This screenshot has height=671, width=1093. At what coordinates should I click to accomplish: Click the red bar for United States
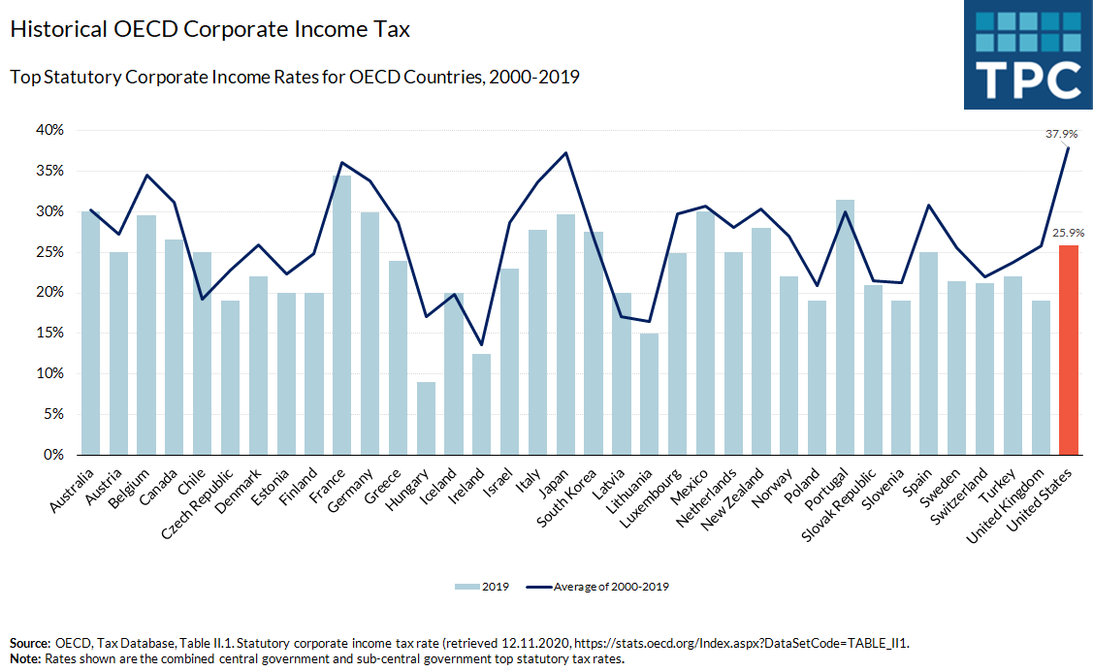pyautogui.click(x=1069, y=350)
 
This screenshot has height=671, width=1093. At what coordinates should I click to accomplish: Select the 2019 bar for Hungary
pyautogui.click(x=426, y=418)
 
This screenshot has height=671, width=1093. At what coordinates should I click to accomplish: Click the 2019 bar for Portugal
pyautogui.click(x=845, y=327)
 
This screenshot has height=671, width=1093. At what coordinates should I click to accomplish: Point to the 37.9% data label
pyautogui.click(x=1068, y=135)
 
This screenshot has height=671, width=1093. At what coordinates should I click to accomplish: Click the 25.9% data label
pyautogui.click(x=1068, y=233)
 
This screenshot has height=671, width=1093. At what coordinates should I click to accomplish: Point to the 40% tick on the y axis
pyautogui.click(x=50, y=130)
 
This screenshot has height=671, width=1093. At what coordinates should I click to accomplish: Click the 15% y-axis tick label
pyautogui.click(x=50, y=333)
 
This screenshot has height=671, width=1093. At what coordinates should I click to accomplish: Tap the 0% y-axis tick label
pyautogui.click(x=54, y=455)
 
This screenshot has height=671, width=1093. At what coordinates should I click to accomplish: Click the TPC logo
pyautogui.click(x=1028, y=54)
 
